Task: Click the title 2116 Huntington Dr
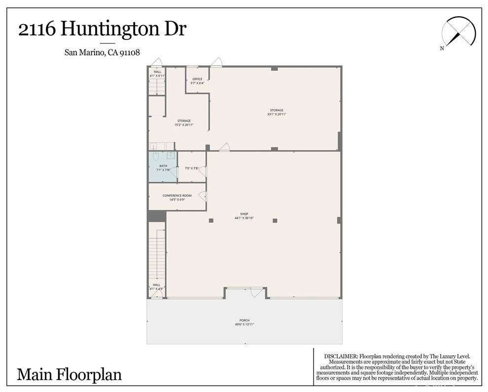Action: coord(102,30)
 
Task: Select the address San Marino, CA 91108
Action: coord(102,53)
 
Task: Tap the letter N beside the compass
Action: coord(442,48)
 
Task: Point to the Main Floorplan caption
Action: coord(69,374)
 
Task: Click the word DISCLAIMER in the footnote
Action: coord(341,356)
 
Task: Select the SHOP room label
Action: coord(244,214)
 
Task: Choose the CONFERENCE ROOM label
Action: coord(177,196)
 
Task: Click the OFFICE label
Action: coord(197,79)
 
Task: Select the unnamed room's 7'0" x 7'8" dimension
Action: coord(191,168)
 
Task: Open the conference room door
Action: coord(203,196)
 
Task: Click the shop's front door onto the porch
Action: coord(257,292)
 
